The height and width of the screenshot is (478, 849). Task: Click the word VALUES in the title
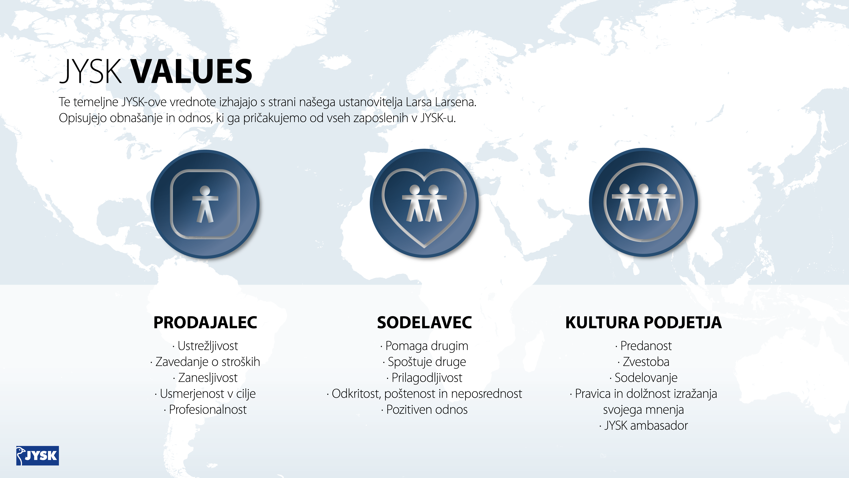click(192, 71)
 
